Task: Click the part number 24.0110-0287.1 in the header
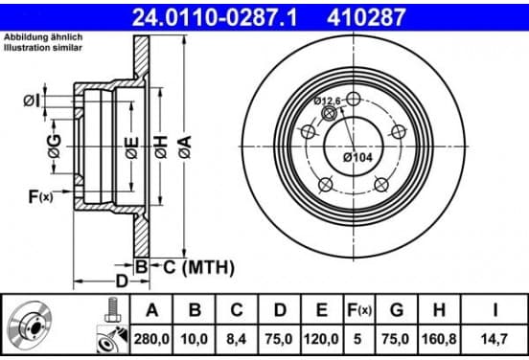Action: click(x=215, y=17)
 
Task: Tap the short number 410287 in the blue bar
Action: click(x=366, y=17)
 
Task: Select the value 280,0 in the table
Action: click(x=151, y=339)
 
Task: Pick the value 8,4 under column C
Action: click(x=237, y=339)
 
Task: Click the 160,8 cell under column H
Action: click(x=439, y=339)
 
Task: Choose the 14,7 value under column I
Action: click(x=494, y=339)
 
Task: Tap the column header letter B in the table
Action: click(x=195, y=310)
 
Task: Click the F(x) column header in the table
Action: click(x=359, y=310)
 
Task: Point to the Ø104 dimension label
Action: click(x=358, y=157)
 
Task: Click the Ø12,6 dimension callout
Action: click(x=327, y=101)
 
